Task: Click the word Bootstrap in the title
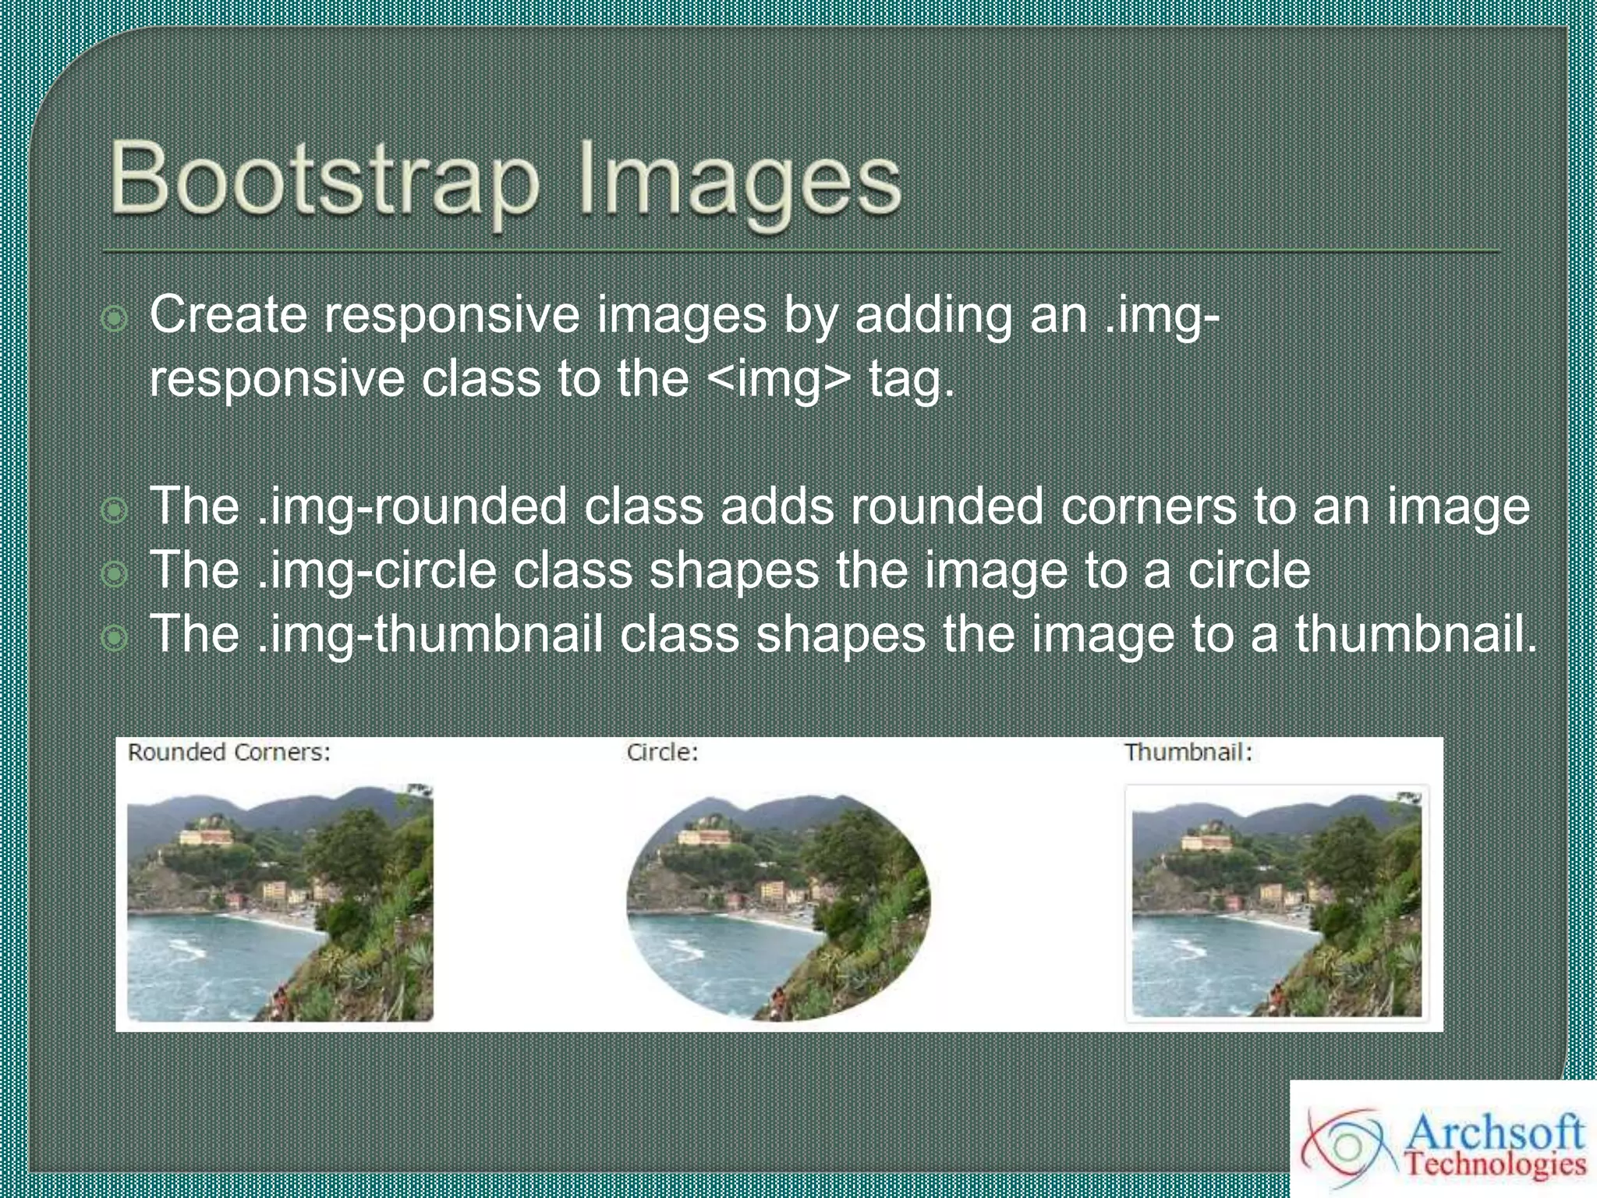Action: (x=324, y=181)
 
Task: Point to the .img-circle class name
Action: (x=376, y=570)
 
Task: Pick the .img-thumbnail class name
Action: (x=429, y=634)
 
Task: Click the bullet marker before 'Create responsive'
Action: (x=115, y=319)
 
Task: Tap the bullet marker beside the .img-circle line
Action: (x=115, y=574)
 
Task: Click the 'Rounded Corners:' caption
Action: (x=228, y=753)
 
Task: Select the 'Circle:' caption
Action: (x=662, y=753)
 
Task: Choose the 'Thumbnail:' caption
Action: (x=1188, y=753)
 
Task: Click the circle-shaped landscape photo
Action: (x=778, y=907)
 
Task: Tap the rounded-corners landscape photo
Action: (x=280, y=903)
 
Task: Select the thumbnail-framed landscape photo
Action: (x=1277, y=903)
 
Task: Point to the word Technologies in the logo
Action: (x=1496, y=1165)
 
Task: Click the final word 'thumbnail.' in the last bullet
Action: (x=1416, y=634)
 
